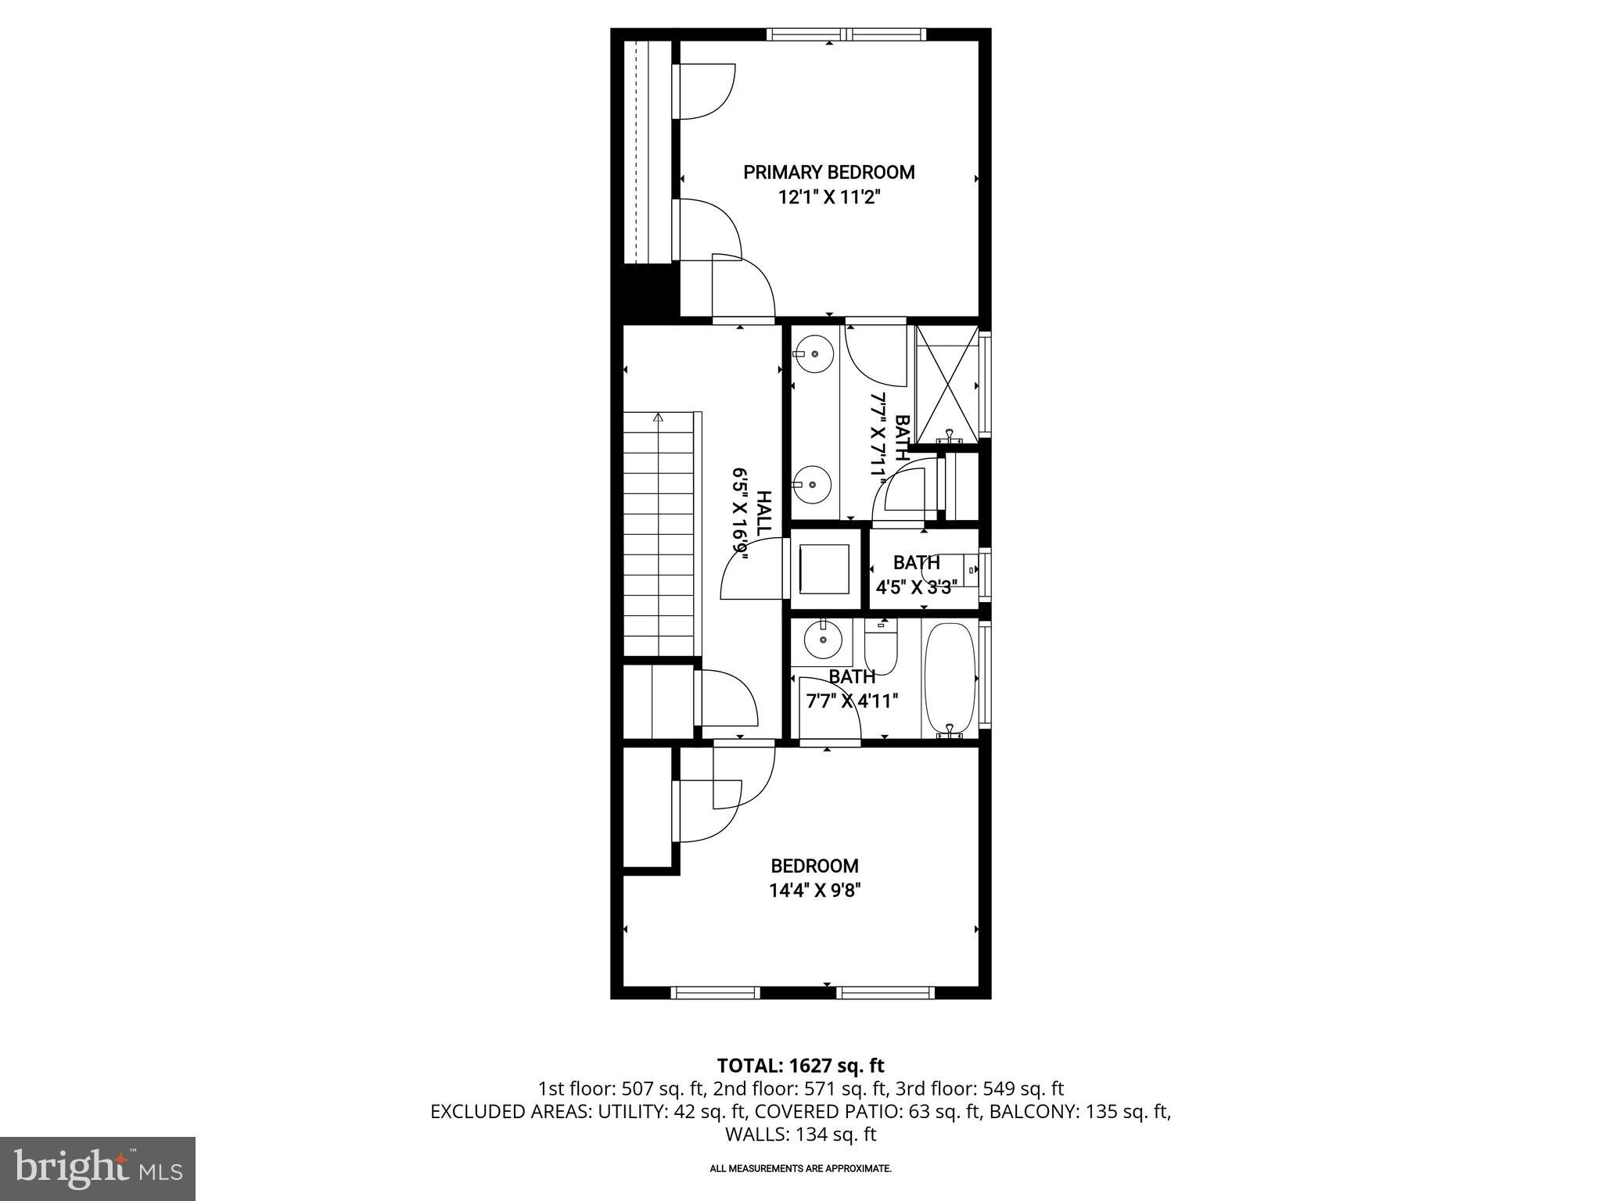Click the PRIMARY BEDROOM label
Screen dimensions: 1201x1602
point(828,172)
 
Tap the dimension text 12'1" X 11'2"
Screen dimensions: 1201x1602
point(828,198)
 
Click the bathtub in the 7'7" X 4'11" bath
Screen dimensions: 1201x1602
point(950,677)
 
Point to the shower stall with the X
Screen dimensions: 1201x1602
point(946,384)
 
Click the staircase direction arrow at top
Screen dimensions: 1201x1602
point(659,418)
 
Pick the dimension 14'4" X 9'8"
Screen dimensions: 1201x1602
point(814,891)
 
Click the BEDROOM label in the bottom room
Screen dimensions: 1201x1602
point(814,866)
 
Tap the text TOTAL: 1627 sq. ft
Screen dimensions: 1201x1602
point(800,1065)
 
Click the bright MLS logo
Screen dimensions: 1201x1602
point(98,1168)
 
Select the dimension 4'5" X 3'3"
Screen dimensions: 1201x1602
point(916,587)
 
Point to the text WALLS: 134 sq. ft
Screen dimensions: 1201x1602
point(800,1135)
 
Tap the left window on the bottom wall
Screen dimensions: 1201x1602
point(716,993)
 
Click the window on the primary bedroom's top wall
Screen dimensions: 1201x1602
point(846,34)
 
